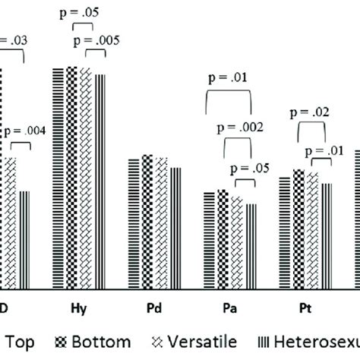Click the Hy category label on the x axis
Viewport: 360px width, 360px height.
coord(78,308)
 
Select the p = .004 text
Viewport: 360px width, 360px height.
coord(25,130)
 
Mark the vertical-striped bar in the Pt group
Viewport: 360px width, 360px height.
coord(327,235)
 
